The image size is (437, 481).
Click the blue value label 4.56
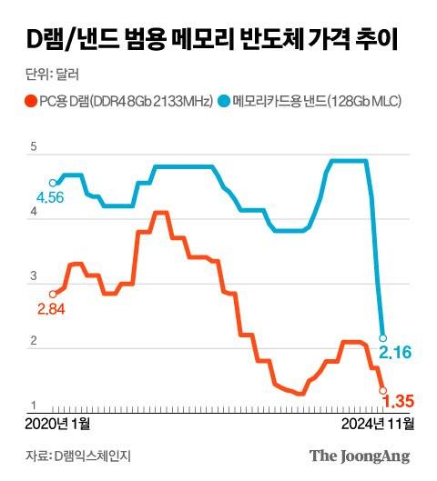pyautogui.click(x=51, y=198)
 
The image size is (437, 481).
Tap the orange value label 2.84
pyautogui.click(x=51, y=310)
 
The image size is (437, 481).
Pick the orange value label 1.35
pyautogui.click(x=399, y=401)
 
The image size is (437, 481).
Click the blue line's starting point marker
pyautogui.click(x=53, y=183)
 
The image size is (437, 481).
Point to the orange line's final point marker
pyautogui.click(x=382, y=390)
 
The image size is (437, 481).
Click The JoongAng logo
pyautogui.click(x=359, y=456)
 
